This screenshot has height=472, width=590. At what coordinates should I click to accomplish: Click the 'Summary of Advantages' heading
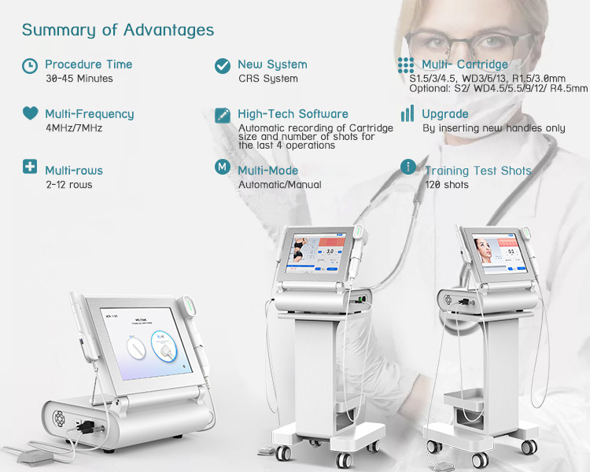point(118,30)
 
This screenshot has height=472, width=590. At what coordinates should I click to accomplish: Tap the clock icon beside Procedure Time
point(30,66)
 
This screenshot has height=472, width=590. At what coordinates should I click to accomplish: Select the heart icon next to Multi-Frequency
point(30,113)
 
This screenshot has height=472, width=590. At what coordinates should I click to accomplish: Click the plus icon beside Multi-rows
point(30,166)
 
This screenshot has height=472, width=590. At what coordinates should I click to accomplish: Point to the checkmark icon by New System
point(223,66)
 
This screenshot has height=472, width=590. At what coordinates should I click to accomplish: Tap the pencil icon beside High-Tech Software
point(223,116)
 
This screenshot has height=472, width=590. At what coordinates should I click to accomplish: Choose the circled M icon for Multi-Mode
point(223,166)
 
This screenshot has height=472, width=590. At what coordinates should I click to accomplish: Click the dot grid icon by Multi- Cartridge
point(406,65)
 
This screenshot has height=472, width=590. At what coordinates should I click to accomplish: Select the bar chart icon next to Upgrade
point(407,113)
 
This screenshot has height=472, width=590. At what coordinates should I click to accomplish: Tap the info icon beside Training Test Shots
point(408,166)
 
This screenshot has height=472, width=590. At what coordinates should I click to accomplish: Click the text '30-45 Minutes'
point(79,79)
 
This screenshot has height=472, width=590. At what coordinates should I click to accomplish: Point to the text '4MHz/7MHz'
point(74,128)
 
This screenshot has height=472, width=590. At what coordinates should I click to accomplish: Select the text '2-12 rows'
point(69,185)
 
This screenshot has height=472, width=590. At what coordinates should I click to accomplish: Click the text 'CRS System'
point(268,79)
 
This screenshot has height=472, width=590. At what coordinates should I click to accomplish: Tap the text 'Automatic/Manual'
point(280,185)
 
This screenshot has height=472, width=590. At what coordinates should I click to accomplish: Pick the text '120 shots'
point(447,185)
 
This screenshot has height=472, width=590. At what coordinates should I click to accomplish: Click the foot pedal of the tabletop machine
point(35,456)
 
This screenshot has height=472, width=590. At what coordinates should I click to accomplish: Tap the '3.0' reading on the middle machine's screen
point(330,251)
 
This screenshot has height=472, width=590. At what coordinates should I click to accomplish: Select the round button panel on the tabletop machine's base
point(60,418)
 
